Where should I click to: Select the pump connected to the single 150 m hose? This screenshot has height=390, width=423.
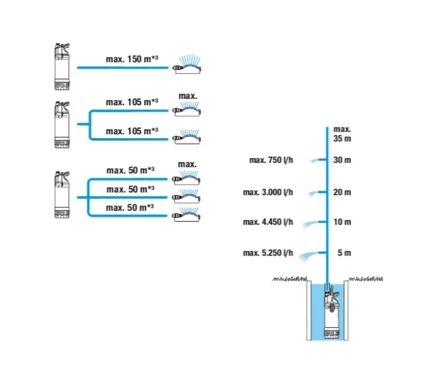(63, 66)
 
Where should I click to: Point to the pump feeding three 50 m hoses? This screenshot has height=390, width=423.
(63, 194)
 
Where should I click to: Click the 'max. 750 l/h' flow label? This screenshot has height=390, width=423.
(271, 160)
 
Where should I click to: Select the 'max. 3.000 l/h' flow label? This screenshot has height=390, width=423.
(268, 192)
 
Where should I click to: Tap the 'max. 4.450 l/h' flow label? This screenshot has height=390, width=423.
(268, 222)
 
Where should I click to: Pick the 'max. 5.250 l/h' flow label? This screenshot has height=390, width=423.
(268, 253)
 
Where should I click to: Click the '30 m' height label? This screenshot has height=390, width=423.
(342, 160)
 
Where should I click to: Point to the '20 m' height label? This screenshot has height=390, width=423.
(342, 192)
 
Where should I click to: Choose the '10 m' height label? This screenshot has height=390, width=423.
(342, 222)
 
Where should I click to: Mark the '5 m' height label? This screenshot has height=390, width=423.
(344, 253)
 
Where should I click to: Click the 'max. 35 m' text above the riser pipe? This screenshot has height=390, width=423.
(342, 134)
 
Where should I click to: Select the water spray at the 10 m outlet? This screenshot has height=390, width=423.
(305, 226)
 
